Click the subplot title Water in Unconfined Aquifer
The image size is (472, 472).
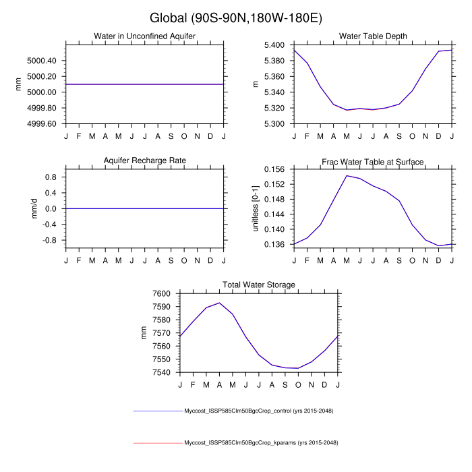[x=146, y=36]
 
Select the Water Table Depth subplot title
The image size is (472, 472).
[x=373, y=36]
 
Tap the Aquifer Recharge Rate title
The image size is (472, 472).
[x=145, y=160]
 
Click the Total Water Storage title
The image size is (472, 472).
[x=259, y=285]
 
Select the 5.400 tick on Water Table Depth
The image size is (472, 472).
[x=278, y=45]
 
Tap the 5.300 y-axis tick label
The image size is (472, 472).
[x=278, y=124]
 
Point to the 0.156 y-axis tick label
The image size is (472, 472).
[x=278, y=169]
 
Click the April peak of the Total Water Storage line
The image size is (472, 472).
[x=219, y=303]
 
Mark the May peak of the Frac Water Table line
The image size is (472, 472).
[x=347, y=176]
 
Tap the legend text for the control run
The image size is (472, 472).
[x=260, y=411]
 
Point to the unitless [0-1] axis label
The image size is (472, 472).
[x=256, y=208]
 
